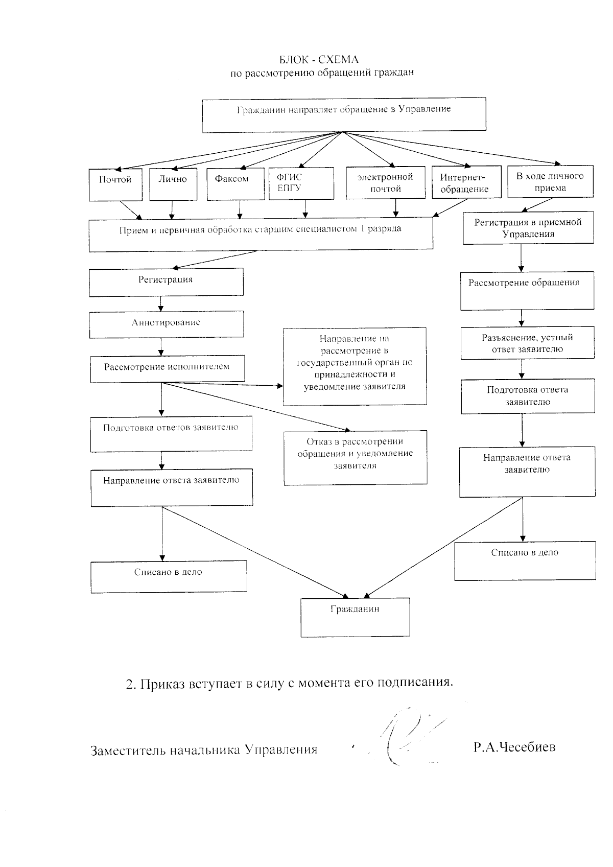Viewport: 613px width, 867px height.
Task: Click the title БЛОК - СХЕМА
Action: pos(322,60)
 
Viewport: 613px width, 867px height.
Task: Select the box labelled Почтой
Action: pos(115,184)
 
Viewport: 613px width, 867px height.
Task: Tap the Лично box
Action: pos(173,184)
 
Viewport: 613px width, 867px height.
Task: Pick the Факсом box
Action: pos(235,184)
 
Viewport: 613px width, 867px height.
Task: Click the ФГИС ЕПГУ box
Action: pos(301,183)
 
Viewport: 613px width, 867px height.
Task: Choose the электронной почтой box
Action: pos(385,182)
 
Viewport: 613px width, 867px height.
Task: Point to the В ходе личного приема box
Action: pos(550,181)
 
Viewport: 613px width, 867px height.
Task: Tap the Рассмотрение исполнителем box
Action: pos(167,369)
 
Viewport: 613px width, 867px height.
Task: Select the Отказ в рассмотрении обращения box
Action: pos(355,457)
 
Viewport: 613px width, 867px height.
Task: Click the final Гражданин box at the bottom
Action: pos(355,617)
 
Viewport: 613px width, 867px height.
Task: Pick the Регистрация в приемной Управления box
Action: pos(528,228)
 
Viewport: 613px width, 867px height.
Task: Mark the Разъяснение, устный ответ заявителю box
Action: pos(527,343)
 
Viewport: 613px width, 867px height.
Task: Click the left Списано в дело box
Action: pos(169,576)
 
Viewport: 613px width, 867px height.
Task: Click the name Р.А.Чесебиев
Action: pos(514,747)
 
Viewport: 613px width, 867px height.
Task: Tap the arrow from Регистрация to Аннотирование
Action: pos(161,304)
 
